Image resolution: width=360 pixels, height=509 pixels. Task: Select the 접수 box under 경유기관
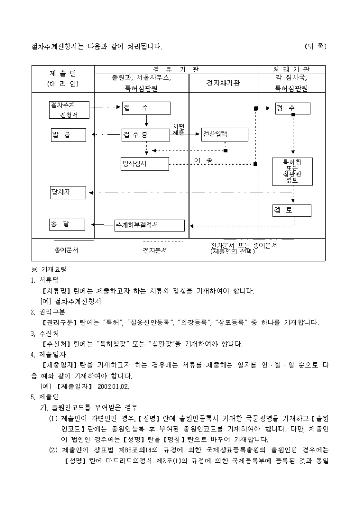[x=146, y=108]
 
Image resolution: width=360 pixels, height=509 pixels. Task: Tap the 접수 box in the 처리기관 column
[x=292, y=108]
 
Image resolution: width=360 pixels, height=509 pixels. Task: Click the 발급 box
[x=67, y=135]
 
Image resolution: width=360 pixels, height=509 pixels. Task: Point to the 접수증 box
[x=146, y=135]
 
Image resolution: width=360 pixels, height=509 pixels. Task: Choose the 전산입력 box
[x=224, y=134]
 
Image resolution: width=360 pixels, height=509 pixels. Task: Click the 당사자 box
[x=67, y=193]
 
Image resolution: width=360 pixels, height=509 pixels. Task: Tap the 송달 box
[x=67, y=224]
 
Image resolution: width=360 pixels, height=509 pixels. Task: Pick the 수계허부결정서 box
[x=150, y=225]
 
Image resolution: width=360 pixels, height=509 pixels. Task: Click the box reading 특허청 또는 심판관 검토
[x=292, y=171]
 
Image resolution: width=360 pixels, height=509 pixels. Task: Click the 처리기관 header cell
[x=292, y=69]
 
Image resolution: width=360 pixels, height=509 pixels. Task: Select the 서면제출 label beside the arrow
[x=178, y=130]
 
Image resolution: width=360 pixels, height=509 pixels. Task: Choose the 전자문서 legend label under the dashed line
[x=154, y=250]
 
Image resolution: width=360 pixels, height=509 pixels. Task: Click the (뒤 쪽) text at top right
[x=316, y=47]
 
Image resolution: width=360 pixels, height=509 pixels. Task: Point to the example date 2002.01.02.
[x=114, y=386]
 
